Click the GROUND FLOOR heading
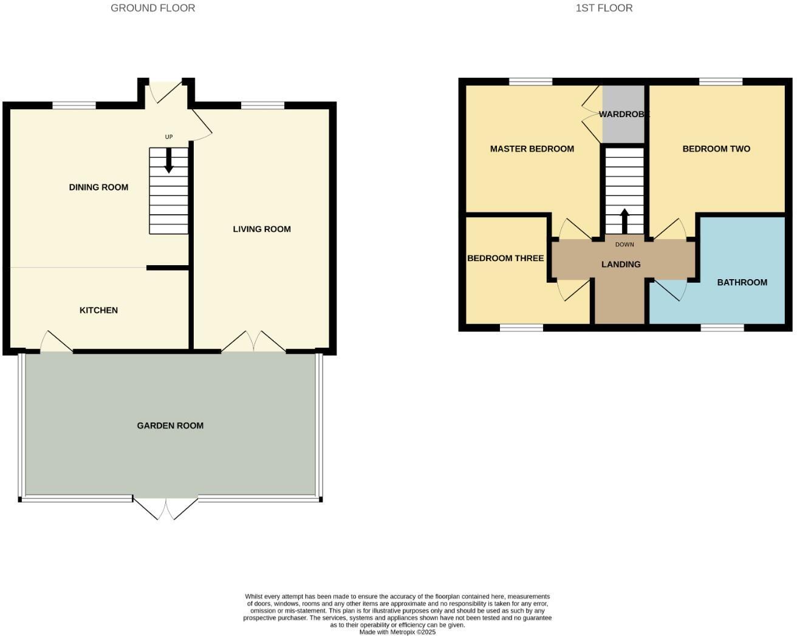coord(152,8)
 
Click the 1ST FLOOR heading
coord(604,8)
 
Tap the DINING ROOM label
coord(98,188)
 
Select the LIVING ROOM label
coord(262,229)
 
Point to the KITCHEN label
coord(98,311)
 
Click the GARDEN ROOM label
coord(170,426)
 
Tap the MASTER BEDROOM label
coord(532,149)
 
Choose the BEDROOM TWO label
coord(716,149)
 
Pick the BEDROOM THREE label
coord(505,259)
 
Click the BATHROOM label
coord(742,283)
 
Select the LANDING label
coord(621,265)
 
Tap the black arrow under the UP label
coord(169,160)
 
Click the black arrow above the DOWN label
coord(624,222)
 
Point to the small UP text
coord(169,137)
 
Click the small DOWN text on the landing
coord(624,245)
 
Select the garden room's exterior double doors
coord(166,509)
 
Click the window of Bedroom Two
coord(721,81)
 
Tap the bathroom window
coord(722,328)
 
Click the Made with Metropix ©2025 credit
coord(397,632)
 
